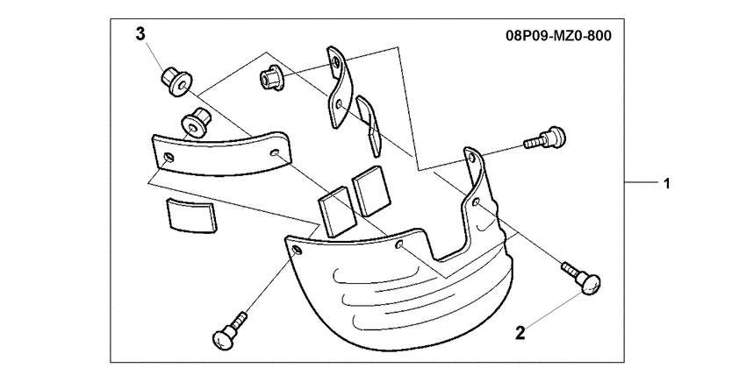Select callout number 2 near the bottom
(520, 333)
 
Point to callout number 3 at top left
(140, 35)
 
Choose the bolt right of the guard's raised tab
(544, 138)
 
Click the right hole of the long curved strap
(275, 153)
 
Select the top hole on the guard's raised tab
(470, 160)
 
